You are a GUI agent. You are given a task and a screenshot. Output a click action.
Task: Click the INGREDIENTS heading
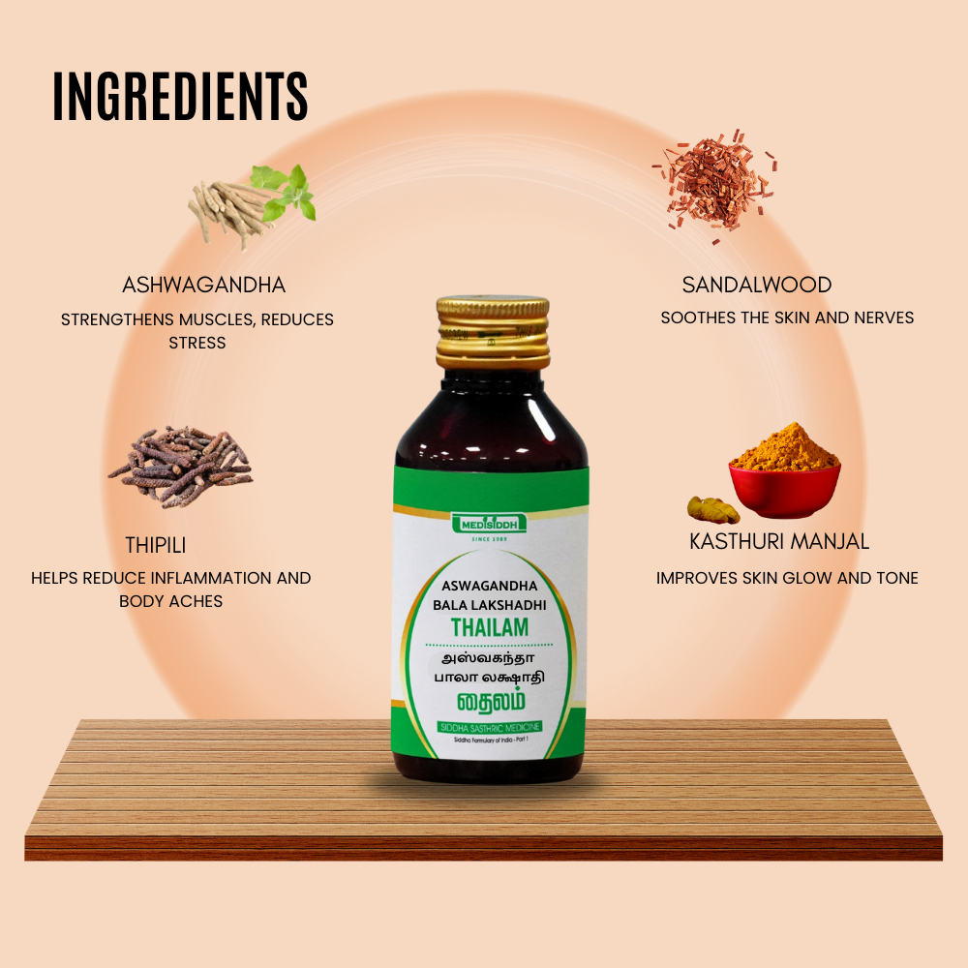click(180, 97)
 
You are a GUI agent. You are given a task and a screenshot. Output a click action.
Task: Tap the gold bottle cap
click(491, 332)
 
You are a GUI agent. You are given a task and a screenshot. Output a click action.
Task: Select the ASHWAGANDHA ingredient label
click(203, 286)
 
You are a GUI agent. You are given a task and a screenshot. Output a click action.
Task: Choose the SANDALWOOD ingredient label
click(757, 285)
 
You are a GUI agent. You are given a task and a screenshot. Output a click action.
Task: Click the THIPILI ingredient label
click(155, 546)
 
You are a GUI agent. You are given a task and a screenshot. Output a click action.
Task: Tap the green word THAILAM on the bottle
click(490, 627)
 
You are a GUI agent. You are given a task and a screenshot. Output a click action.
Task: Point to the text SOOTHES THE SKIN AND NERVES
click(787, 318)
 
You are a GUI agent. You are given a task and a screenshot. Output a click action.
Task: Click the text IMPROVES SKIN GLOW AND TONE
click(787, 578)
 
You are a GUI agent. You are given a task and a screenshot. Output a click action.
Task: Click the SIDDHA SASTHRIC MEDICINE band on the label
click(490, 727)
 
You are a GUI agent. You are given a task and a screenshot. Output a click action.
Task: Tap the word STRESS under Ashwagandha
click(197, 343)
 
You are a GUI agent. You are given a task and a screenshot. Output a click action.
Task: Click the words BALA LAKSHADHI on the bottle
click(490, 604)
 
